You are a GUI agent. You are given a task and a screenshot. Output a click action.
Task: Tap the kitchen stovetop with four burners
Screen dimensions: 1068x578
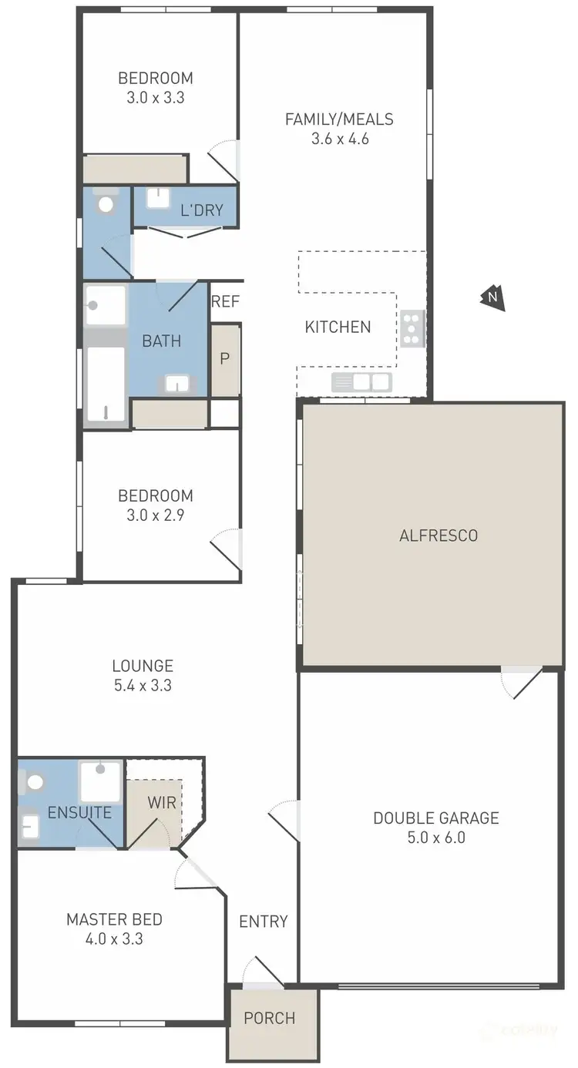click(x=412, y=327)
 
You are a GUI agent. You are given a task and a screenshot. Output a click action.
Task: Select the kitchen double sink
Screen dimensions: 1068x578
click(x=362, y=381)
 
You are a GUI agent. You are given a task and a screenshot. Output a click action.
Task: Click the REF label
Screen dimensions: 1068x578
click(x=225, y=301)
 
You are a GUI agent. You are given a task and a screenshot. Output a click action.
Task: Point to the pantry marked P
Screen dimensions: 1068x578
click(x=225, y=360)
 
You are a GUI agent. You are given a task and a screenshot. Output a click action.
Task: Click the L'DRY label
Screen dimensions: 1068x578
click(x=201, y=210)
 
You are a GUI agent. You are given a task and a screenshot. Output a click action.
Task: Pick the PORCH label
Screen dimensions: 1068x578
click(x=269, y=1018)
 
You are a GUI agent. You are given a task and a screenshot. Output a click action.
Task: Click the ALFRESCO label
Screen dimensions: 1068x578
click(x=439, y=536)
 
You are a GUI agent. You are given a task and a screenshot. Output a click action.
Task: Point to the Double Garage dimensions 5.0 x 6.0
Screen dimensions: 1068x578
click(x=435, y=838)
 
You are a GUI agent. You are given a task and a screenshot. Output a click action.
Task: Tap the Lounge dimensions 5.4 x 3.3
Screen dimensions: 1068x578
click(x=142, y=684)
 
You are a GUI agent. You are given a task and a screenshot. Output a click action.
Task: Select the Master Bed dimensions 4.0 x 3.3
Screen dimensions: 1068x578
click(x=114, y=939)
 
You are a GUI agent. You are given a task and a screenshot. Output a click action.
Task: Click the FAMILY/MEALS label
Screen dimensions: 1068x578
click(x=339, y=119)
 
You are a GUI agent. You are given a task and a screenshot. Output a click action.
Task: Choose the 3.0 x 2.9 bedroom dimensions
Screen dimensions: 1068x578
click(x=155, y=515)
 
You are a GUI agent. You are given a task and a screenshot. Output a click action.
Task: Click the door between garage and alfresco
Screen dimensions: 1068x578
click(x=520, y=681)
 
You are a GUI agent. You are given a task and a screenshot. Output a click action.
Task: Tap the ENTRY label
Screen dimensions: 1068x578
click(x=263, y=921)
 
